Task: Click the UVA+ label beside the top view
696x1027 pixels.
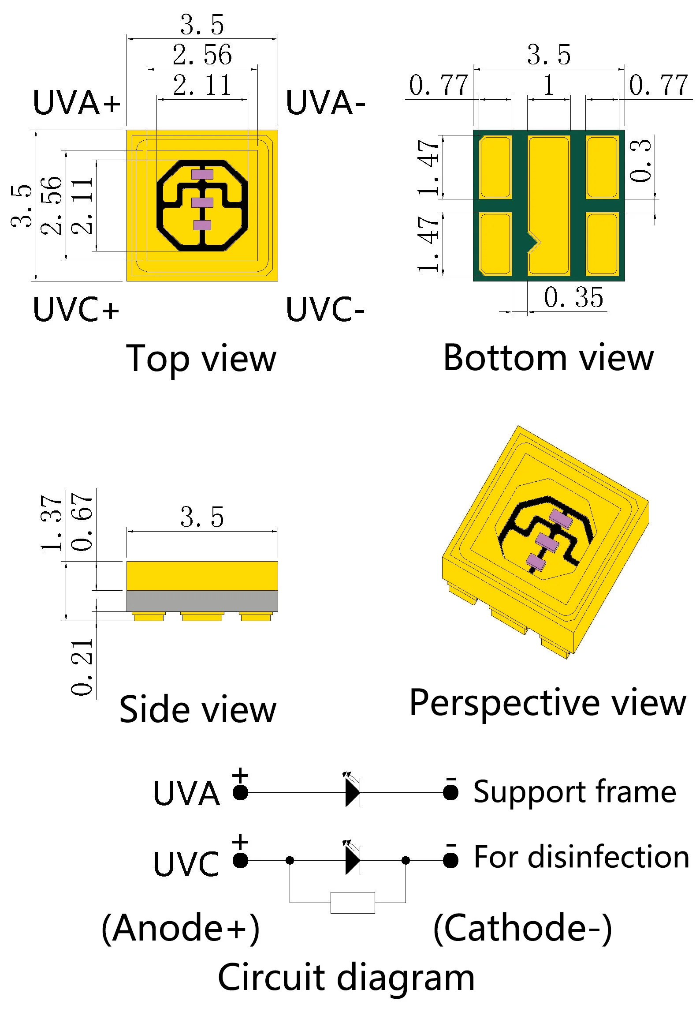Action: pos(77,103)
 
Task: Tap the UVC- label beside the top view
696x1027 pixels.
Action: pos(325,309)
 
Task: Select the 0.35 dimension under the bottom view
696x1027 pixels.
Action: pos(573,297)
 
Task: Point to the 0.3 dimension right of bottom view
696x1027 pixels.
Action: pos(640,161)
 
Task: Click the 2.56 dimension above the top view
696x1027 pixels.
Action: pos(202,55)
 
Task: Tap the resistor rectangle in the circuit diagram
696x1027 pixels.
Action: pos(353,903)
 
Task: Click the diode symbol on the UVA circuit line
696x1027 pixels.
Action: pos(352,793)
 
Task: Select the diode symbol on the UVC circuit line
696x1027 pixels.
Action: pos(352,860)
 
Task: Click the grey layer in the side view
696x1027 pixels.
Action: pos(202,601)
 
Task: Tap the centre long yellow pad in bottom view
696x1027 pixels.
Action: pos(549,206)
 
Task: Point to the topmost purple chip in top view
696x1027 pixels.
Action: pos(202,174)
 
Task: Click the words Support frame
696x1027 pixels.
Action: pos(574,792)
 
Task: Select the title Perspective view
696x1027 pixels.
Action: pos(547,703)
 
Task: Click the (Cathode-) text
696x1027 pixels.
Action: pos(523,929)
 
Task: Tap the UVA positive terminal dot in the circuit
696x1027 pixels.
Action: pos(240,793)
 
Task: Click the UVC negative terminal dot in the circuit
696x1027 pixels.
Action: pos(450,860)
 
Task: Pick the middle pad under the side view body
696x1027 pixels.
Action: pos(202,616)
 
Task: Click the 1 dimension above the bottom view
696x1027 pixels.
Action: pos(549,85)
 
